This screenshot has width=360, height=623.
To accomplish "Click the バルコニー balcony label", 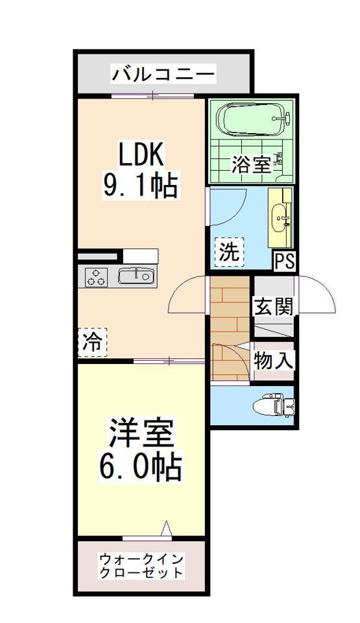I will pos(163,74).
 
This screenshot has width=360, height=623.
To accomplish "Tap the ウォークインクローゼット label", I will pos(142,566).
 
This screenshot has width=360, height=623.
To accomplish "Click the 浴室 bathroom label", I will pos(250,164).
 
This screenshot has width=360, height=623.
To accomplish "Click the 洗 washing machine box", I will pos(228,250).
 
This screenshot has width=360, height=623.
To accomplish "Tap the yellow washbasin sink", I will pos(281,215).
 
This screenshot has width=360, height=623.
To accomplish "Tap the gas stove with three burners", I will pos(97,277).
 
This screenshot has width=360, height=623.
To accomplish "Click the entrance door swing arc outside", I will pos(318,296).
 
